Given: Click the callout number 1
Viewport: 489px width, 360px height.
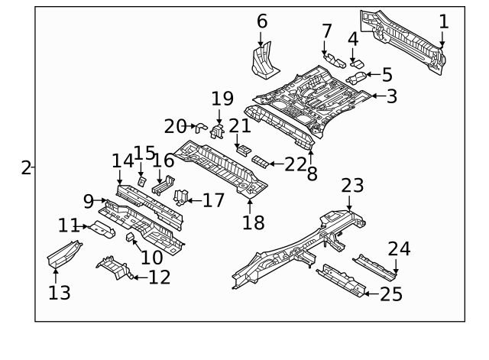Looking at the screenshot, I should tap(444, 21).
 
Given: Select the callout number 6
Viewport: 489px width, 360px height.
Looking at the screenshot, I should tap(262, 21).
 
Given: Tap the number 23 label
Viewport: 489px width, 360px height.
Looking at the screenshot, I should tap(352, 186).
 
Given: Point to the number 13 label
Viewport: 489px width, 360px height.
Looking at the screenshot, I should tap(60, 292).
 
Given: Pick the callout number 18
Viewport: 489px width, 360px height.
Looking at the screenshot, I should tap(253, 222).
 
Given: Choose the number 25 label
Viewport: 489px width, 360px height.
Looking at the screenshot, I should tap(390, 294).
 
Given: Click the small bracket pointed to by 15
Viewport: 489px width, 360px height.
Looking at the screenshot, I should tap(142, 182).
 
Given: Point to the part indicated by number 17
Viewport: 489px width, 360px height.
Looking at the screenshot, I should tap(182, 197).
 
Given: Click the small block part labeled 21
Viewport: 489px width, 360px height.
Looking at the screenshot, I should tap(241, 148).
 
